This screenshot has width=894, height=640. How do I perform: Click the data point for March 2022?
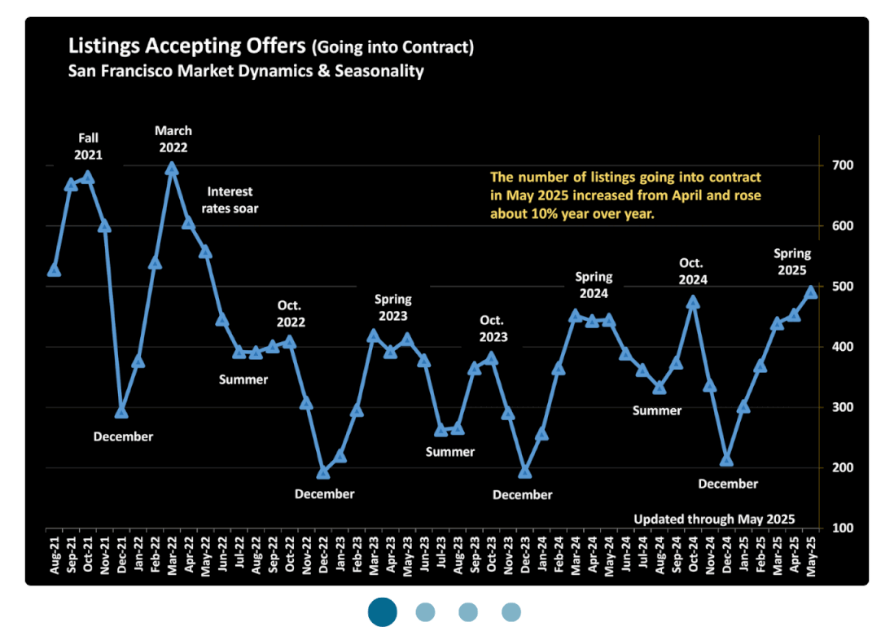click(171, 169)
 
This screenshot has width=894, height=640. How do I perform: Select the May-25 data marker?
click(811, 292)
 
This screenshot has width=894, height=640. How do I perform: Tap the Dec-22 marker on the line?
click(323, 472)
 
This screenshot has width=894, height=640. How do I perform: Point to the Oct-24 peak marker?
click(693, 302)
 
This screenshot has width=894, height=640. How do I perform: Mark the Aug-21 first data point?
click(54, 270)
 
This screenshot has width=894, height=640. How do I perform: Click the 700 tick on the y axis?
click(842, 165)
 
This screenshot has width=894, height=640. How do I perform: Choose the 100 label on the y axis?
click(842, 528)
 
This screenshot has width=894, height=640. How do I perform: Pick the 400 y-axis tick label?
click(842, 347)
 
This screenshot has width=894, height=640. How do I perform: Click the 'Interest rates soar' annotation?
click(230, 199)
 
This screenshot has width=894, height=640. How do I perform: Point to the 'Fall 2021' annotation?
click(88, 146)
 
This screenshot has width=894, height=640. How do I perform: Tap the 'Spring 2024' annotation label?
click(594, 285)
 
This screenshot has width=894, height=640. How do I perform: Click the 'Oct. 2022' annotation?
click(290, 313)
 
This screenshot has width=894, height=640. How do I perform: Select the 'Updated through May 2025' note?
click(713, 519)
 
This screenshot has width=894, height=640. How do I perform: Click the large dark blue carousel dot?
click(382, 612)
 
